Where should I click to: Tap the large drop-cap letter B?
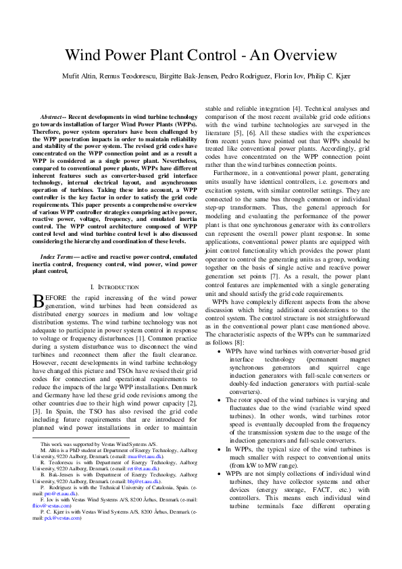(x=39, y=301)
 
